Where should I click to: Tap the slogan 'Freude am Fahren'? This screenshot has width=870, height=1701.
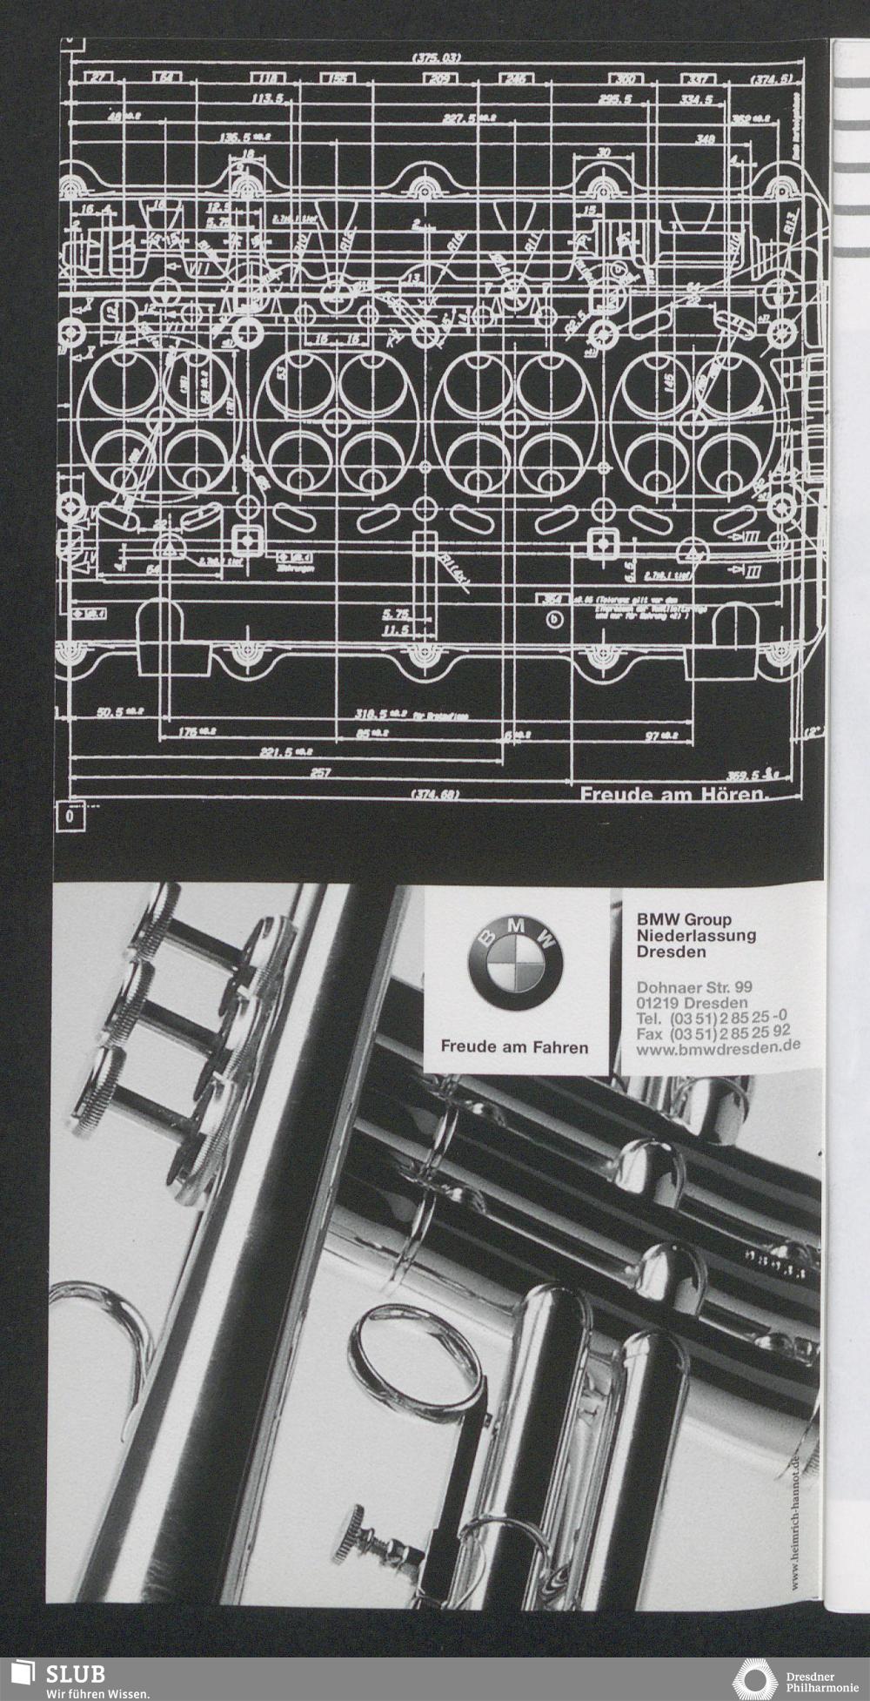(x=514, y=1046)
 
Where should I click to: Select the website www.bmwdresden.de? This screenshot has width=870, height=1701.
(x=718, y=1051)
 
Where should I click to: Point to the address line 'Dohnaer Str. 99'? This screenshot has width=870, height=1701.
(x=694, y=987)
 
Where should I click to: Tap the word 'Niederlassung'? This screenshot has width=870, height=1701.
(x=696, y=935)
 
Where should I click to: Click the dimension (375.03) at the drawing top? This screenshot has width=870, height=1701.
(x=436, y=57)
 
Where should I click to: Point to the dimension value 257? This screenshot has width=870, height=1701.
(x=320, y=772)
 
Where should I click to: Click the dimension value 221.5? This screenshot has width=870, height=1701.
(x=278, y=751)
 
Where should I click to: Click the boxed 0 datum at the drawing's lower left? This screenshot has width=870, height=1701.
(x=70, y=817)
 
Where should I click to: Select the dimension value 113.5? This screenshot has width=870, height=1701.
(x=269, y=99)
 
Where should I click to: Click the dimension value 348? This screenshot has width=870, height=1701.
(x=706, y=138)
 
